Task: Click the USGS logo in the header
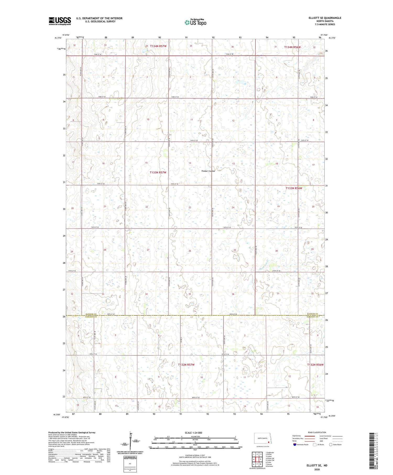60,21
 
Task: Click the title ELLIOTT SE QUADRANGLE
325,18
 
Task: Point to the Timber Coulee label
208,171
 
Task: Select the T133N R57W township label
158,172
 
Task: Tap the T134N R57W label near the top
158,46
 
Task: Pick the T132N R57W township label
186,365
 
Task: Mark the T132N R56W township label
315,365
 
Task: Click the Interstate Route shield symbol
295,445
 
